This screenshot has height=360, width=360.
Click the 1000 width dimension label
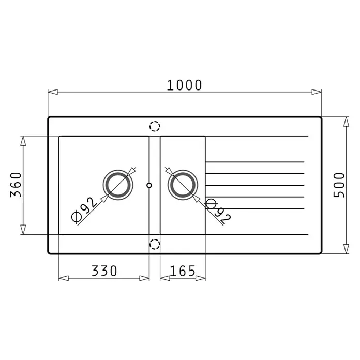click(x=184, y=85)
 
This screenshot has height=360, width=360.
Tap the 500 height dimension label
click(x=339, y=185)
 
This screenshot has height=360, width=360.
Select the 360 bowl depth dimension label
click(x=16, y=185)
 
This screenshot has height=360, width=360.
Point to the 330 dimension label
click(x=104, y=271)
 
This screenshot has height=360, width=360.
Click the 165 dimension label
click(x=183, y=271)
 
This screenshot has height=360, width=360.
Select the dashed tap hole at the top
click(x=155, y=126)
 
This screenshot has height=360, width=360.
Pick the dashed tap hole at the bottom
click(x=155, y=244)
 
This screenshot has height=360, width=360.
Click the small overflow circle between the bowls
click(x=149, y=185)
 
